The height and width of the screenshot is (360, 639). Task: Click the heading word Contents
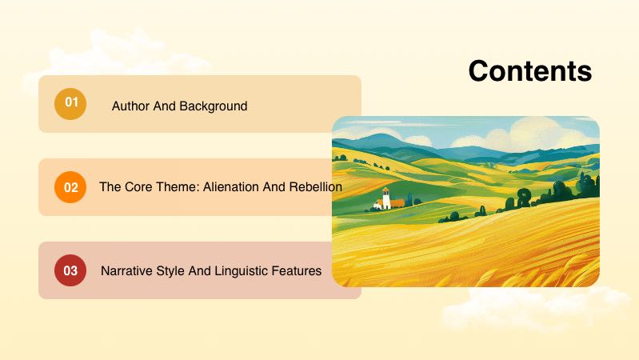pos(529,71)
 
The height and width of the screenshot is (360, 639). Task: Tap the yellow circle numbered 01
pos(70,103)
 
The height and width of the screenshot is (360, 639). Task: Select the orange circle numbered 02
pos(70,187)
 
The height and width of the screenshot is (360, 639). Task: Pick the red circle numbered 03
pos(70,270)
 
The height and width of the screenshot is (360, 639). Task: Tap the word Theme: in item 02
pos(176,187)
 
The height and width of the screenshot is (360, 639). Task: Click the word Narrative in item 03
pos(126,271)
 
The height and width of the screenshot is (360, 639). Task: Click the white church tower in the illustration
pos(385,198)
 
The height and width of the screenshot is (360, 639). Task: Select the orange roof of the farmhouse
pos(397,203)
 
